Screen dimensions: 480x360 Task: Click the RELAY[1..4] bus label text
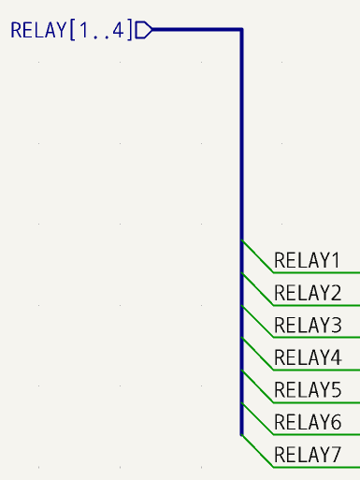(x=71, y=30)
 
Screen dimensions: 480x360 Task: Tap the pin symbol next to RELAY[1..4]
(x=143, y=30)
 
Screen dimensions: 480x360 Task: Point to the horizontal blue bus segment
(x=196, y=30)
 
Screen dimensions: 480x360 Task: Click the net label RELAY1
(x=308, y=260)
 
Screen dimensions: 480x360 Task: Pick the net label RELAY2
(x=308, y=293)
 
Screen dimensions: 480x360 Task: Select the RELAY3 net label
(x=308, y=325)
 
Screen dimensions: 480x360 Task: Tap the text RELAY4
(x=308, y=357)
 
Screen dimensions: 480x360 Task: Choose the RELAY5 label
(x=308, y=389)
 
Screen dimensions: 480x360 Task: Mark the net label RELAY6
(x=308, y=422)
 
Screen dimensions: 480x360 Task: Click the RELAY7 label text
(x=308, y=455)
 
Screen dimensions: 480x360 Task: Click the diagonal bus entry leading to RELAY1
(x=257, y=256)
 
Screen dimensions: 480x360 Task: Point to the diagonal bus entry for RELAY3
(x=257, y=321)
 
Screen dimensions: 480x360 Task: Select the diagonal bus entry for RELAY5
(x=257, y=385)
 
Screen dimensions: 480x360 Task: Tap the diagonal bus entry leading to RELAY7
(x=257, y=450)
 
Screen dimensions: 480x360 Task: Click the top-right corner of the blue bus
(x=242, y=30)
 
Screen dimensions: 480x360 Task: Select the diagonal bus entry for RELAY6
(x=257, y=418)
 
